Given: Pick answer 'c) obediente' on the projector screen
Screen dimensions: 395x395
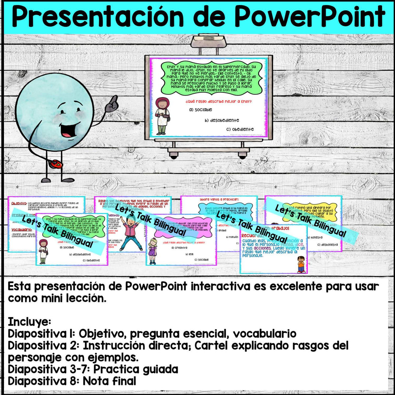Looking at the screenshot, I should [240, 129].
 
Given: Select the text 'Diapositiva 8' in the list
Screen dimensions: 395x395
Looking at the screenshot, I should [43, 381].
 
